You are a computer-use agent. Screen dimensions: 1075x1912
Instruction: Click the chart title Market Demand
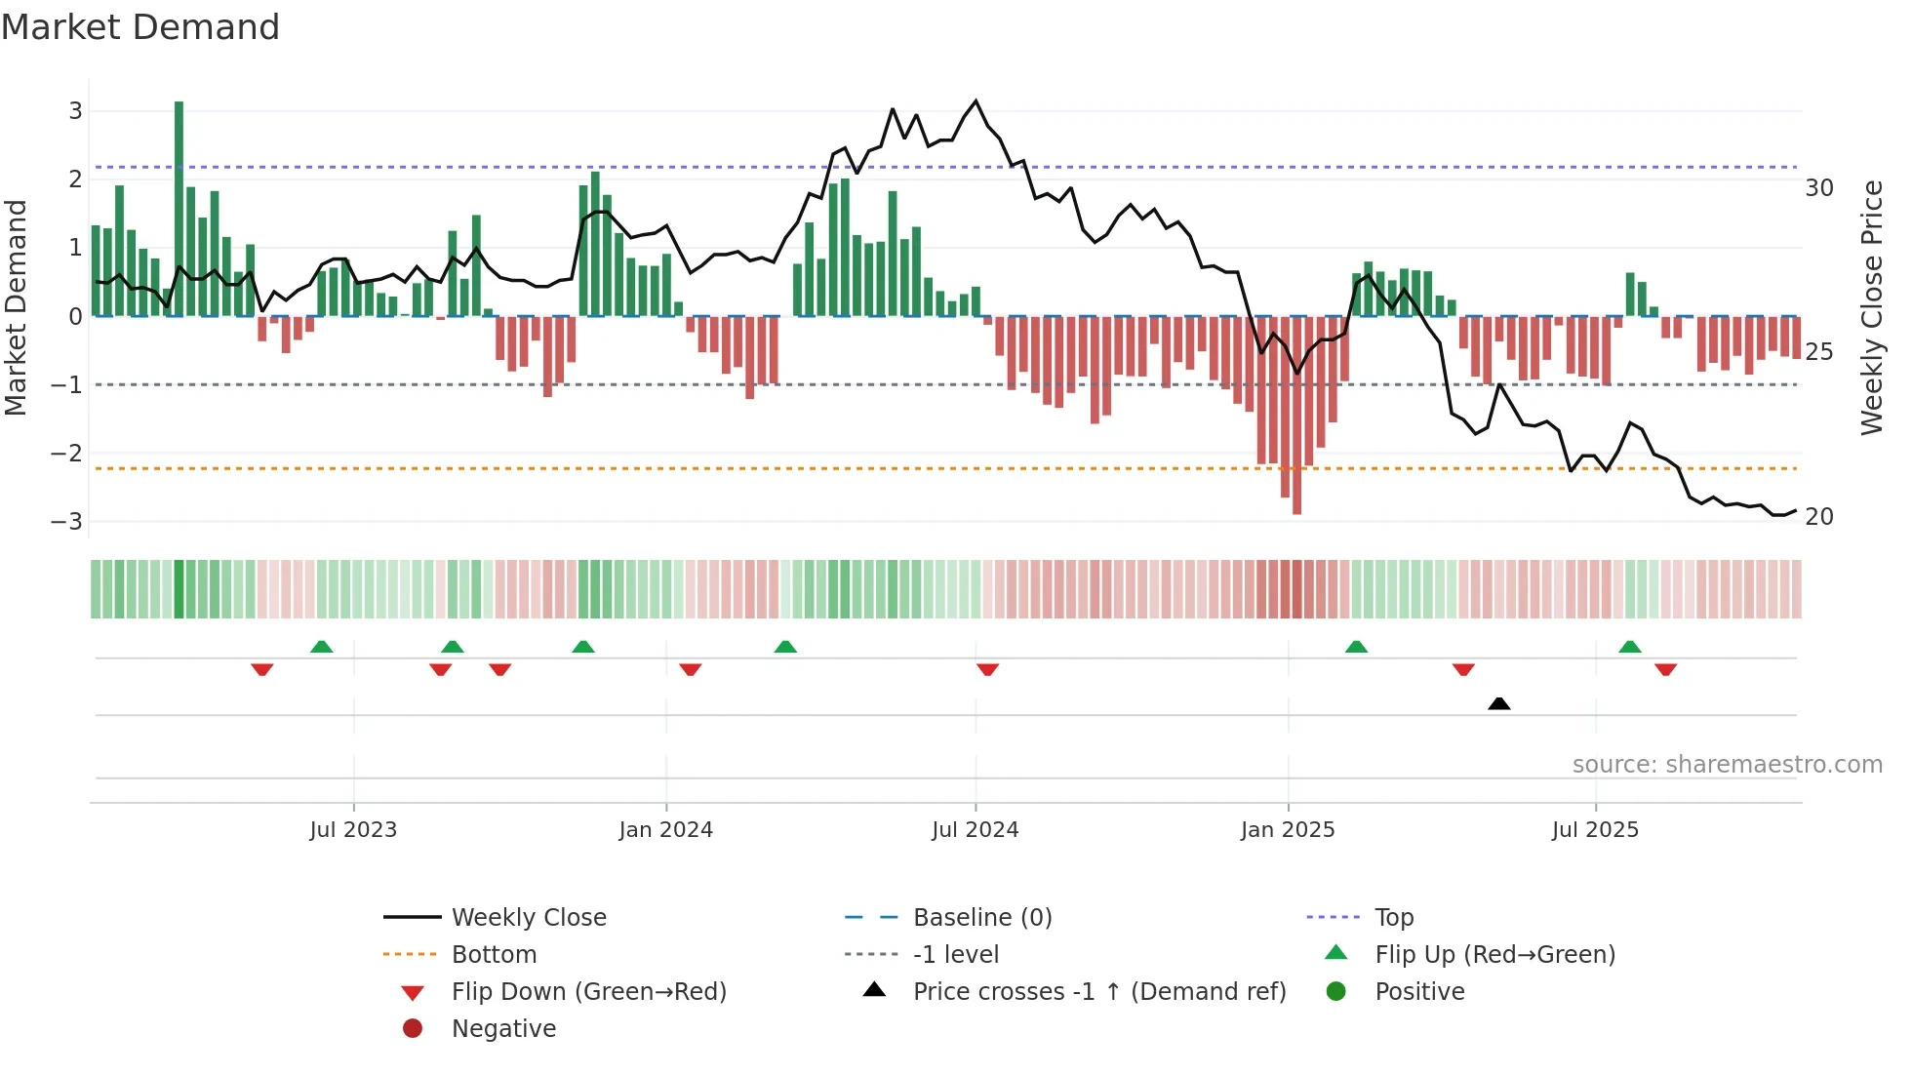click(140, 27)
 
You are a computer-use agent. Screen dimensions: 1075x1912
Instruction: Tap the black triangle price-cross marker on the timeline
click(1499, 703)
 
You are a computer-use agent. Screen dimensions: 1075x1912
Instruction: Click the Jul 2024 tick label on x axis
click(975, 830)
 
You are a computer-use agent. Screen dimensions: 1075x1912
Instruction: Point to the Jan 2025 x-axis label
click(1288, 830)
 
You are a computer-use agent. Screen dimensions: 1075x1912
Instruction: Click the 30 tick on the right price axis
click(1818, 188)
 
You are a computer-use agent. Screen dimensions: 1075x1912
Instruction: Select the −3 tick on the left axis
click(67, 521)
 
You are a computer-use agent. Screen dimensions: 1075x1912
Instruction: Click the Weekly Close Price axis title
click(1871, 307)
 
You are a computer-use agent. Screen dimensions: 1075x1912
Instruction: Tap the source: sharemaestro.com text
click(1727, 765)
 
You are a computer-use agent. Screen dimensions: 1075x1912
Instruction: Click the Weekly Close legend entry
click(528, 918)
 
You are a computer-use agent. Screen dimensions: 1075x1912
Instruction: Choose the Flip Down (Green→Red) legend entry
click(588, 992)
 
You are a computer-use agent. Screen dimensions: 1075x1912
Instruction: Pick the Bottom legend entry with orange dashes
click(494, 955)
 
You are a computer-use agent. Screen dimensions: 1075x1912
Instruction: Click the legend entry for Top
click(1393, 918)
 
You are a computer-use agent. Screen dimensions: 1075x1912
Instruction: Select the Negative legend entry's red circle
click(413, 1029)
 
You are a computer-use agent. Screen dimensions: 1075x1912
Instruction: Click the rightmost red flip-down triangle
click(1665, 670)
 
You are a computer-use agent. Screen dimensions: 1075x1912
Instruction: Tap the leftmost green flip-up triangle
click(321, 647)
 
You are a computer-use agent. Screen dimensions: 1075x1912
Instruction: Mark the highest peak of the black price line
click(976, 101)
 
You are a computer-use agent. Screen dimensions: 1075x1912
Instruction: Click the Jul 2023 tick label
click(353, 830)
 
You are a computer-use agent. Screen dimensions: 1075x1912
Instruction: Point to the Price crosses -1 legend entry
click(1098, 992)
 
